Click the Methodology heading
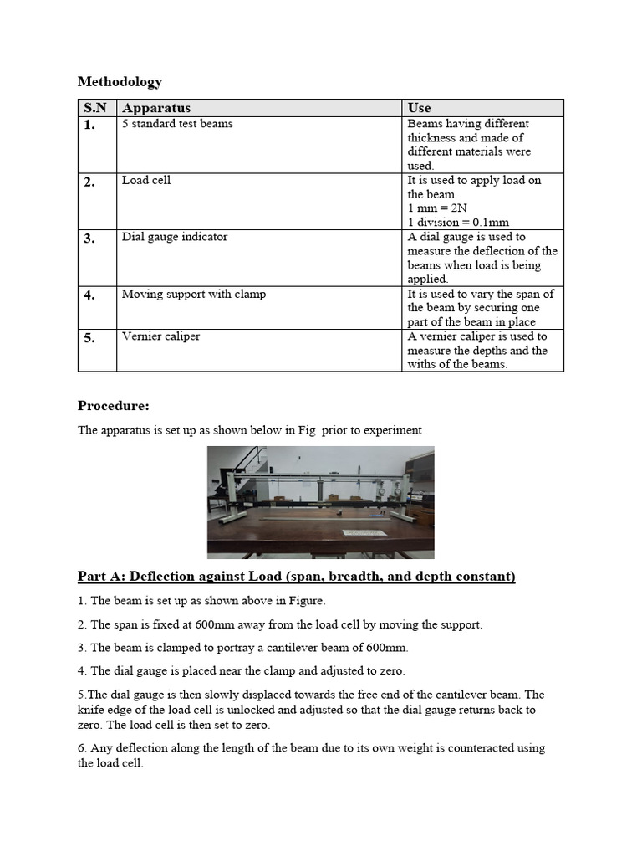tap(120, 81)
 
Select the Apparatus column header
tap(156, 108)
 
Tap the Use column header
tap(419, 108)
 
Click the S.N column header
tap(97, 108)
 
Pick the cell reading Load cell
tap(146, 180)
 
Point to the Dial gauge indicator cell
tap(174, 237)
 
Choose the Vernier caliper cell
tap(160, 336)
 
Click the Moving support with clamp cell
tap(193, 294)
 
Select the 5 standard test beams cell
tap(177, 124)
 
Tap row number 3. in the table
tap(89, 239)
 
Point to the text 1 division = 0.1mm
tap(458, 223)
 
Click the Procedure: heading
tap(114, 406)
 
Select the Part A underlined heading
tap(297, 577)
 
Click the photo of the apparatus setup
tap(320, 501)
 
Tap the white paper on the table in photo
tap(366, 532)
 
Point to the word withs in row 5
tap(423, 364)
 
